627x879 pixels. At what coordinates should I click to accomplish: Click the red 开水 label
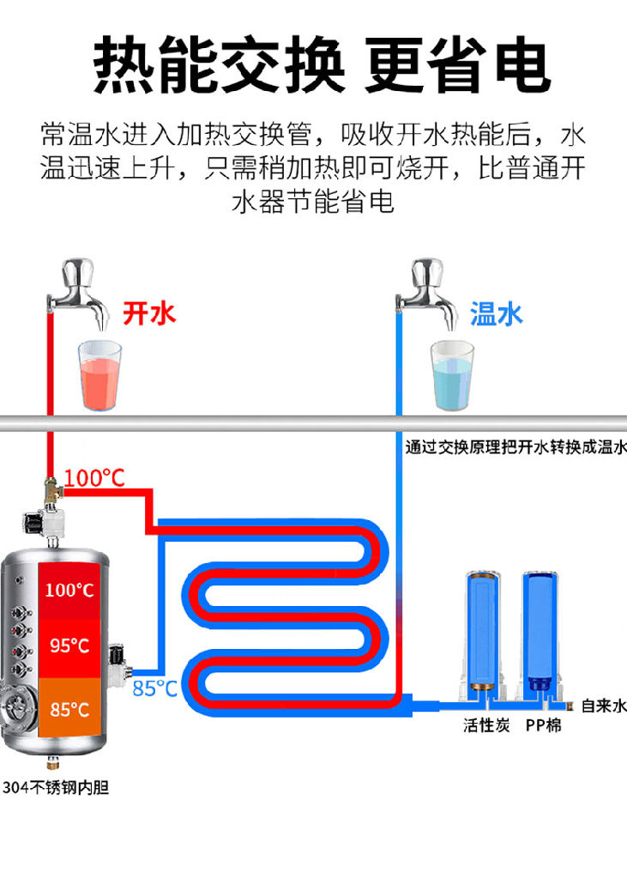[x=149, y=313]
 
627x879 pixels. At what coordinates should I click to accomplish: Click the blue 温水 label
[x=496, y=314]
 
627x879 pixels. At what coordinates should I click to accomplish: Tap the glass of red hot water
[x=99, y=375]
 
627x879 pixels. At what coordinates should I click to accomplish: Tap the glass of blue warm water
[x=452, y=375]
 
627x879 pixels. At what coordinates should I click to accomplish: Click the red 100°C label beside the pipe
[x=94, y=478]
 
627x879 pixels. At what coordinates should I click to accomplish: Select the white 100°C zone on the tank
[x=69, y=591]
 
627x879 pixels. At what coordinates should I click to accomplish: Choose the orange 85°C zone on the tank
[x=69, y=708]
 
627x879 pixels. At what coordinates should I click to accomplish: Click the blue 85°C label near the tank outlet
[x=154, y=688]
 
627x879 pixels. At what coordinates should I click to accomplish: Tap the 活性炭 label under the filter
[x=486, y=725]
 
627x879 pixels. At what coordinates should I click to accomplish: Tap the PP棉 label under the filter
[x=543, y=725]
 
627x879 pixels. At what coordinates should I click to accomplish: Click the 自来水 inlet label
[x=604, y=706]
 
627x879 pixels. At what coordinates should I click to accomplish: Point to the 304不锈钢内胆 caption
[x=56, y=788]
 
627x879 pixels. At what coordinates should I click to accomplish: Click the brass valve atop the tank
[x=51, y=490]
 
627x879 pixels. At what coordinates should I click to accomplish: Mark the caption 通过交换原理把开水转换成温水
[x=515, y=446]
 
